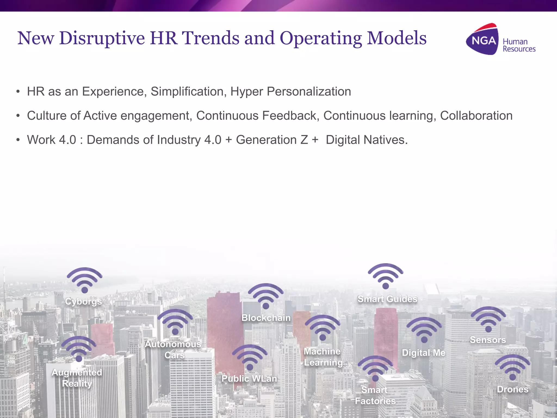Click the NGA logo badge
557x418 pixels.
[482, 40]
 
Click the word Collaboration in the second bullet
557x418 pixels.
[476, 116]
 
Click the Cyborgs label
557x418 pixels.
[83, 302]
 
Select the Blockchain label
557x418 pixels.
[266, 318]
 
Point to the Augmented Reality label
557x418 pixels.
[77, 378]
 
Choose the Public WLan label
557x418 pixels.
[249, 379]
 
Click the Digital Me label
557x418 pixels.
[424, 353]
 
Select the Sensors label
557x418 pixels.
[488, 340]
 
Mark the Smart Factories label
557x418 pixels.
[375, 395]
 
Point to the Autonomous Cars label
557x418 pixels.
[174, 350]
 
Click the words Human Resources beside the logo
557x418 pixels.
[519, 45]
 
